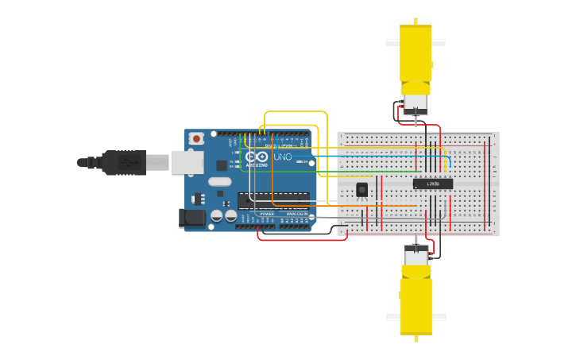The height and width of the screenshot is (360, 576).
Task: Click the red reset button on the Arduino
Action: point(196,138)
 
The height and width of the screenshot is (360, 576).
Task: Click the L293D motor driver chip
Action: point(433,184)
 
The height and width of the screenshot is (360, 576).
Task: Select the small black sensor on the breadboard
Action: point(361,189)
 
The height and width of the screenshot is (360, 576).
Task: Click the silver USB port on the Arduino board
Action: point(187,162)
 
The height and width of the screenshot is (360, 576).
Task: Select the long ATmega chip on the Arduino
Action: point(273,200)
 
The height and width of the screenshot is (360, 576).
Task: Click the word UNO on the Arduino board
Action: point(283,157)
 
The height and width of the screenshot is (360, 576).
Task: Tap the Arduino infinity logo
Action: point(256,157)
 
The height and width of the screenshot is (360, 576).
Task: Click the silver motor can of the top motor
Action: point(416,103)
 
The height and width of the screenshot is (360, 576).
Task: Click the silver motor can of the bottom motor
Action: point(416,255)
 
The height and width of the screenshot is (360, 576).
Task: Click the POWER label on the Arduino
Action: point(267,214)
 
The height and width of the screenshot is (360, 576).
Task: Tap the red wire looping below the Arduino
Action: point(302,239)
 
